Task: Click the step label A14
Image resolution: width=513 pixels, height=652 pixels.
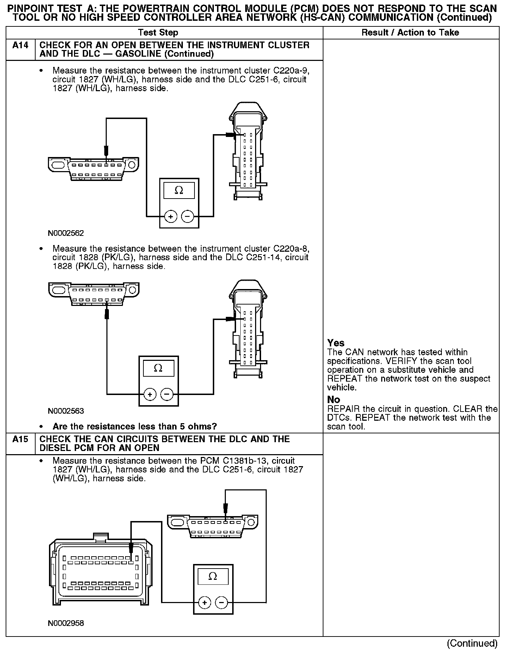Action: click(20, 45)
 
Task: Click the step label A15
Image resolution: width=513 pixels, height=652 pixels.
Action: click(20, 439)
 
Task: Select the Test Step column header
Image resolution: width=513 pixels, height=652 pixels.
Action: click(158, 33)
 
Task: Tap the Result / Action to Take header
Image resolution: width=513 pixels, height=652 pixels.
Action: click(410, 33)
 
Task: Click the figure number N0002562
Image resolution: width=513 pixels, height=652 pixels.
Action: click(66, 233)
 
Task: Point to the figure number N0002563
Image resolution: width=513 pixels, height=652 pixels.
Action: click(66, 411)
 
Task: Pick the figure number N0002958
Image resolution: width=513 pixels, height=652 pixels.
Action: click(66, 623)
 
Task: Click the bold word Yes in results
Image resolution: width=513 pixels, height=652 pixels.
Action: click(336, 343)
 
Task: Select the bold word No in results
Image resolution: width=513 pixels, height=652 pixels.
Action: click(333, 400)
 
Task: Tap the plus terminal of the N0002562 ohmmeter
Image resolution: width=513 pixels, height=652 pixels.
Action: click(171, 217)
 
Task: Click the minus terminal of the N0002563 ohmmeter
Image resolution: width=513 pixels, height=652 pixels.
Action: click(167, 394)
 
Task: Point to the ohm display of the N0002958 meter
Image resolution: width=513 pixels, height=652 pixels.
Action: click(213, 576)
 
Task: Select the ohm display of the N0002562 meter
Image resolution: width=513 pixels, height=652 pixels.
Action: click(179, 190)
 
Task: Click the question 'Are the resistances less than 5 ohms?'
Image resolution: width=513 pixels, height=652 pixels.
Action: click(135, 427)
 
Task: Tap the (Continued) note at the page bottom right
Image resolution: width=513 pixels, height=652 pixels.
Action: click(472, 644)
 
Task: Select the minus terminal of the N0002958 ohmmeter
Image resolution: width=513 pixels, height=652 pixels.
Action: click(221, 603)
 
